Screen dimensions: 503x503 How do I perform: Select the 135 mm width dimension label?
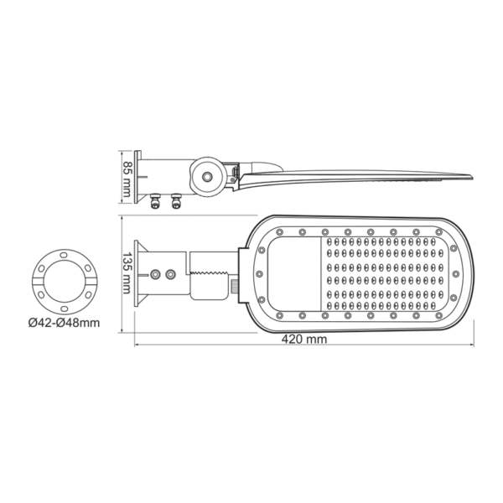pyautogui.click(x=127, y=272)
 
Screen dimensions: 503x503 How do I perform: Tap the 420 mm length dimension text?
pyautogui.click(x=304, y=340)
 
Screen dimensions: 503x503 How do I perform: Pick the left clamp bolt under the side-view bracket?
pyautogui.click(x=155, y=200)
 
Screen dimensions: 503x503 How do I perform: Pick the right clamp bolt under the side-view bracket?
pyautogui.click(x=176, y=200)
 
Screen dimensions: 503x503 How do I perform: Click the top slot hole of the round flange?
pyautogui.click(x=64, y=254)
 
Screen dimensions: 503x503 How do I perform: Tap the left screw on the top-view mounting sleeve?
pyautogui.click(x=155, y=273)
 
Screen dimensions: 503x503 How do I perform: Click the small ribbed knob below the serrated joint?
pyautogui.click(x=235, y=288)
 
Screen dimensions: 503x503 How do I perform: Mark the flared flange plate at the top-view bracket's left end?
pyautogui.click(x=141, y=272)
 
